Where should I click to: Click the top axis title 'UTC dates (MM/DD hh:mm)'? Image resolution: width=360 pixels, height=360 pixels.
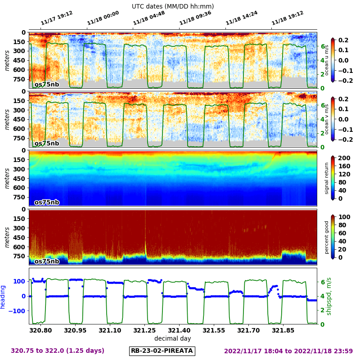[173, 6]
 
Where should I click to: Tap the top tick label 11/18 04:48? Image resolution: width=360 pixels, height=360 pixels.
[149, 18]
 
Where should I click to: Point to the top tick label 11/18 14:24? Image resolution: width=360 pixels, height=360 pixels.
[242, 18]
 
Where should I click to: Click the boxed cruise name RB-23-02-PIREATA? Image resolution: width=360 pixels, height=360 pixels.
[162, 351]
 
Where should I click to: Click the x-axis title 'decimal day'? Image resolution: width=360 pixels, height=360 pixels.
[173, 338]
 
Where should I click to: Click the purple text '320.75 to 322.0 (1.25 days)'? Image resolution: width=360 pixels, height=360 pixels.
[58, 351]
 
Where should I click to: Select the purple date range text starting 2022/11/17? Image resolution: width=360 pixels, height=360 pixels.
[288, 351]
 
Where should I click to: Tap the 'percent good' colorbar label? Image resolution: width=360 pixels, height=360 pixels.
[327, 237]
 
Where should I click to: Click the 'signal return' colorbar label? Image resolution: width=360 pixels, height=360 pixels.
[327, 178]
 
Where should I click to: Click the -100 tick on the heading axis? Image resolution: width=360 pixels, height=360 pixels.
[19, 310]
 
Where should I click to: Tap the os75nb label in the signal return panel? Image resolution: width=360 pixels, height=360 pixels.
[47, 202]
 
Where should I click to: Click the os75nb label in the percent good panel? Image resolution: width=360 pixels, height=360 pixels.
[47, 261]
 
